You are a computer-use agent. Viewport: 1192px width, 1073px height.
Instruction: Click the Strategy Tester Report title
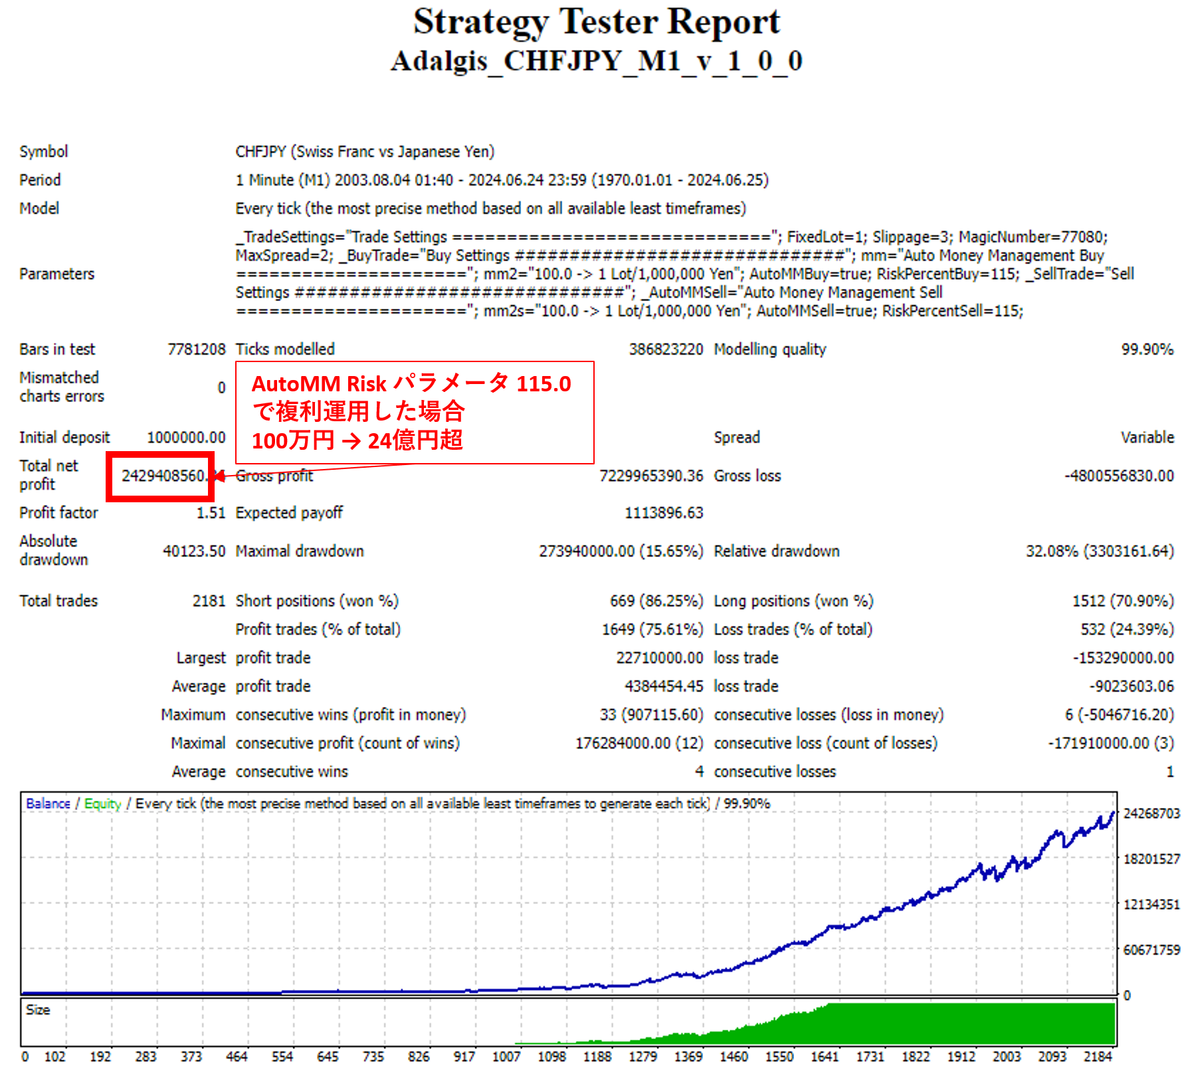pos(596,22)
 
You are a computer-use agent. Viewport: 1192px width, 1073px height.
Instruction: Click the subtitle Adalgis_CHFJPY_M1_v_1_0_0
pos(596,61)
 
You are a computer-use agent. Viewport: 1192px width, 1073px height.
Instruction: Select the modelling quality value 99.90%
pos(1147,349)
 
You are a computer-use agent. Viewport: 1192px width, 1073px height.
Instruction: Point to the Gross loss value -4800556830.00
pos(1119,476)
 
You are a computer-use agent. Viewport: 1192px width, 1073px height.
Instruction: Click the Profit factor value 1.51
pos(211,513)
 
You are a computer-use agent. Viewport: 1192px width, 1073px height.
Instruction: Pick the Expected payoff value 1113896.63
pos(663,513)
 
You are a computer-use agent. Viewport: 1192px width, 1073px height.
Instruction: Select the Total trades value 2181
pos(209,601)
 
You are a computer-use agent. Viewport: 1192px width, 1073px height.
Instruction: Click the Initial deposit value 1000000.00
pos(186,438)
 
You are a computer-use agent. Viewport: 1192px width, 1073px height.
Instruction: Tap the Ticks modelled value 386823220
pos(666,349)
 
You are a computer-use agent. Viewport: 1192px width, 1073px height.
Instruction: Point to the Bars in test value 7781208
pos(196,349)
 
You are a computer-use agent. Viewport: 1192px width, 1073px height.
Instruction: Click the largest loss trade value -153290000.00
pos(1123,658)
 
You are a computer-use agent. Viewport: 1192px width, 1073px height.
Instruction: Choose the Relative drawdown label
pos(776,551)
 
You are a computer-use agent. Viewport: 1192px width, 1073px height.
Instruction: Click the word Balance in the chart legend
pos(48,804)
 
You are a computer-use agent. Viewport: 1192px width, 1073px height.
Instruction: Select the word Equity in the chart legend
pos(102,804)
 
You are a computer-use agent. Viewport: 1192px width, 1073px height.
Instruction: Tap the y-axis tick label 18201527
pos(1151,859)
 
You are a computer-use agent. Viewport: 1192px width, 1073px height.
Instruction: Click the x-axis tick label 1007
pos(506,1056)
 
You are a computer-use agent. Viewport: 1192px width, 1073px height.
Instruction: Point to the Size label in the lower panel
pos(38,1010)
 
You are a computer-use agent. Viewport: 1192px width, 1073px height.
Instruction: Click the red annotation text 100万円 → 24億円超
pos(357,440)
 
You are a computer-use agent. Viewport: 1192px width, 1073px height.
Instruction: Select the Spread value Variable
pos(1147,438)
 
